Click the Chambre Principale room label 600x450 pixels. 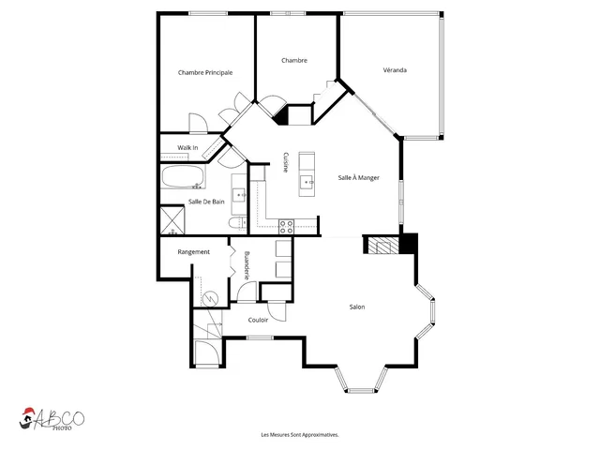[205, 72]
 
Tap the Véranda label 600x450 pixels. [395, 70]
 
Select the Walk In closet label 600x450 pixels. [187, 147]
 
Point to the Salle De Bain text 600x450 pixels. [206, 202]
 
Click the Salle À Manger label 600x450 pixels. [358, 177]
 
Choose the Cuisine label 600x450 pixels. [285, 162]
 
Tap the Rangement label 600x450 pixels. [194, 252]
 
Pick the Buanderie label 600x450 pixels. [247, 264]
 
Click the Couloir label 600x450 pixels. [258, 320]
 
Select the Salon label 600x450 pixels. [357, 307]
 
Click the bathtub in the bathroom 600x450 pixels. [183, 176]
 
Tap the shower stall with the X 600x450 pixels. [172, 220]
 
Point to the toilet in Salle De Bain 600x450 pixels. [237, 223]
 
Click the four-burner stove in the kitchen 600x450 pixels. [286, 227]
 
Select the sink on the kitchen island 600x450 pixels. [307, 182]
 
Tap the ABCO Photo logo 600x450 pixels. [52, 419]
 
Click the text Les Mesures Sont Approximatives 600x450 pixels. [300, 435]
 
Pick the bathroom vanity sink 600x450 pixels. [240, 195]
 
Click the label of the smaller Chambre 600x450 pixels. [294, 60]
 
